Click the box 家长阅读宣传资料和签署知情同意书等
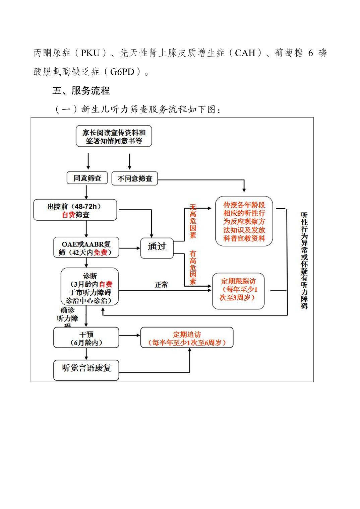114,136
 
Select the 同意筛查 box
87,178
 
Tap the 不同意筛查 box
134,178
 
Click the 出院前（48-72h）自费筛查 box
75,210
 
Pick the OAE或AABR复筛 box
86,248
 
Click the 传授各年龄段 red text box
244,221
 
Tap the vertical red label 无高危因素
193,221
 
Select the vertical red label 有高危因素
193,267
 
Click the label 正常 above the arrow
161,285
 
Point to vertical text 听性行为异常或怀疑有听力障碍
304,261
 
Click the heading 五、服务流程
81,91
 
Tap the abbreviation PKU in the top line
91,53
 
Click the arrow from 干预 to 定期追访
130,335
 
